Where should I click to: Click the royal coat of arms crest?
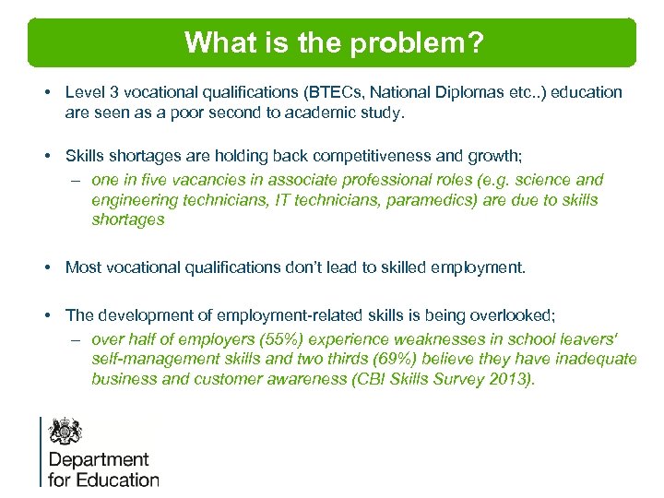pos(65,431)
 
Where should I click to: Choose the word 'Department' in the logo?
pos(98,459)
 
